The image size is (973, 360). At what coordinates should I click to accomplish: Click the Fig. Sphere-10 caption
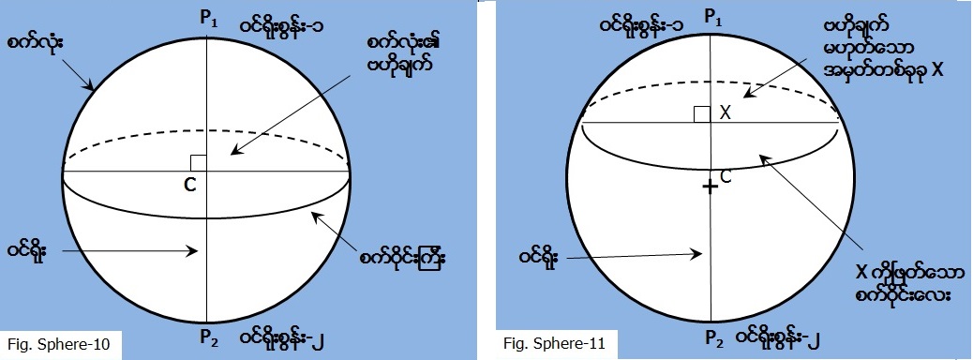[58, 344]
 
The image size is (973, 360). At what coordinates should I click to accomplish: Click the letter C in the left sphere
[189, 186]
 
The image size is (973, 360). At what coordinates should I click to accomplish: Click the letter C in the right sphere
[726, 175]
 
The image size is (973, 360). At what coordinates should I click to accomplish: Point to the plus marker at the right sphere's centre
[711, 187]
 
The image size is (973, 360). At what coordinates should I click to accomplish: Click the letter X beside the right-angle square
[725, 113]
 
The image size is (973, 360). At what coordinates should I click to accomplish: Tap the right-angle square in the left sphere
[198, 163]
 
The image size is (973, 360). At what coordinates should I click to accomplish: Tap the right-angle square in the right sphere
[701, 114]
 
